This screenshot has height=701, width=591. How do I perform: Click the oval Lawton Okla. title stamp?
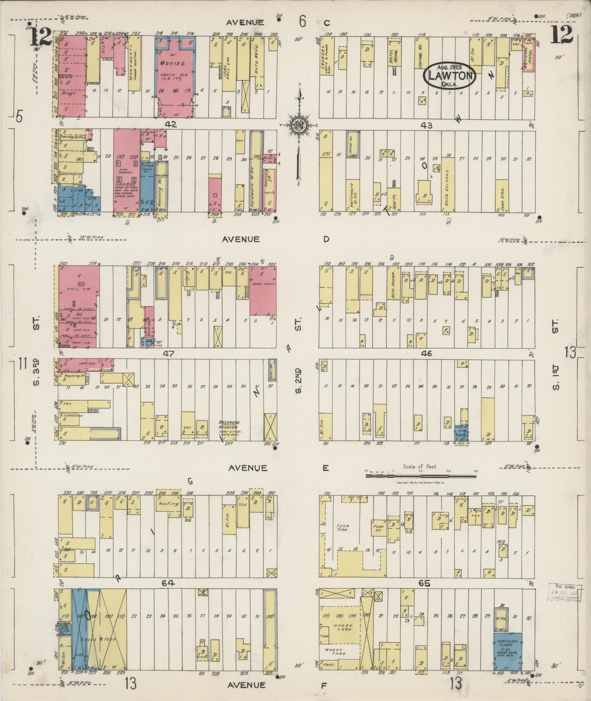pos(450,75)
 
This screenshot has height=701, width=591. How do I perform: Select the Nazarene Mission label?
pos(229,425)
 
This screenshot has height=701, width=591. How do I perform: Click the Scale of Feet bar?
pos(421,476)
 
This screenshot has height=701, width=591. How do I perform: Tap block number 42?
pos(171,125)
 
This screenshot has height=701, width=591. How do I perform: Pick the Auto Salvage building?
pos(448,184)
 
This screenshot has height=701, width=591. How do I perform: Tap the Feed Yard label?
pos(343,528)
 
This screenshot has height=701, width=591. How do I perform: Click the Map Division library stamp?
pos(565,593)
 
